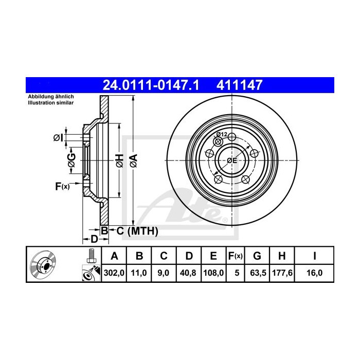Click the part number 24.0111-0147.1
(x=151, y=85)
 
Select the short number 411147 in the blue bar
(x=239, y=85)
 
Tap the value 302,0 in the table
(x=114, y=273)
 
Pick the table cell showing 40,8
(x=188, y=273)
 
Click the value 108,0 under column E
(x=213, y=273)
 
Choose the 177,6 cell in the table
(x=282, y=273)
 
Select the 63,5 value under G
(x=258, y=273)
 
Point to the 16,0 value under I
(x=315, y=273)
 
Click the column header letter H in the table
(x=282, y=256)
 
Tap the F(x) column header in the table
(x=236, y=256)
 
